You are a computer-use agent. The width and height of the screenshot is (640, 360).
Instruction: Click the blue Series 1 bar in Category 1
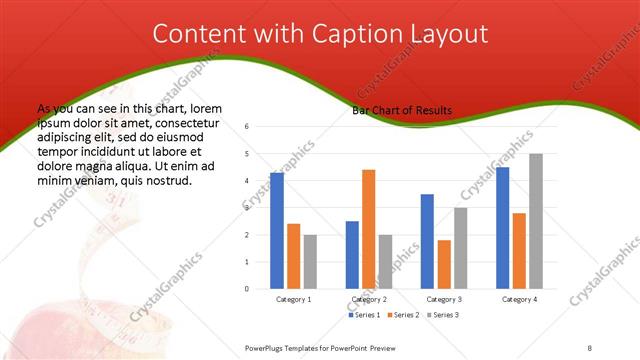(277, 231)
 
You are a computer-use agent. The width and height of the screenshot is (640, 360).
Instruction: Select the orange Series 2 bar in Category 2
(368, 229)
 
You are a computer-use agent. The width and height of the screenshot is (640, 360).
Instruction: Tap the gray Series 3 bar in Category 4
(536, 221)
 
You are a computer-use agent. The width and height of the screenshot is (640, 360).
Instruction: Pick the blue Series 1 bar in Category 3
(427, 241)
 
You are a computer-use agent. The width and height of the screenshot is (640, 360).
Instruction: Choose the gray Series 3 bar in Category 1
(311, 262)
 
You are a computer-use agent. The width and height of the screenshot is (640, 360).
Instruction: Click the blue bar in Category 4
(502, 228)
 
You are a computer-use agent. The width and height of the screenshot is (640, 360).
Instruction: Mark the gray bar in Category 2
(385, 262)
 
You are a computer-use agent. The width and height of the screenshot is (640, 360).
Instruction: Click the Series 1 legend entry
(364, 315)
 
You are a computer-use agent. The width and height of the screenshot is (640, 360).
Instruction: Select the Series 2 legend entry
(401, 315)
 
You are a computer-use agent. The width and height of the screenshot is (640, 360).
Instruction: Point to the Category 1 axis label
(294, 299)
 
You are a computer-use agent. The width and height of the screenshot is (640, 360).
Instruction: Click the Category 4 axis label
(519, 299)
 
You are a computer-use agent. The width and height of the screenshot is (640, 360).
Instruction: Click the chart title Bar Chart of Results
(402, 110)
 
